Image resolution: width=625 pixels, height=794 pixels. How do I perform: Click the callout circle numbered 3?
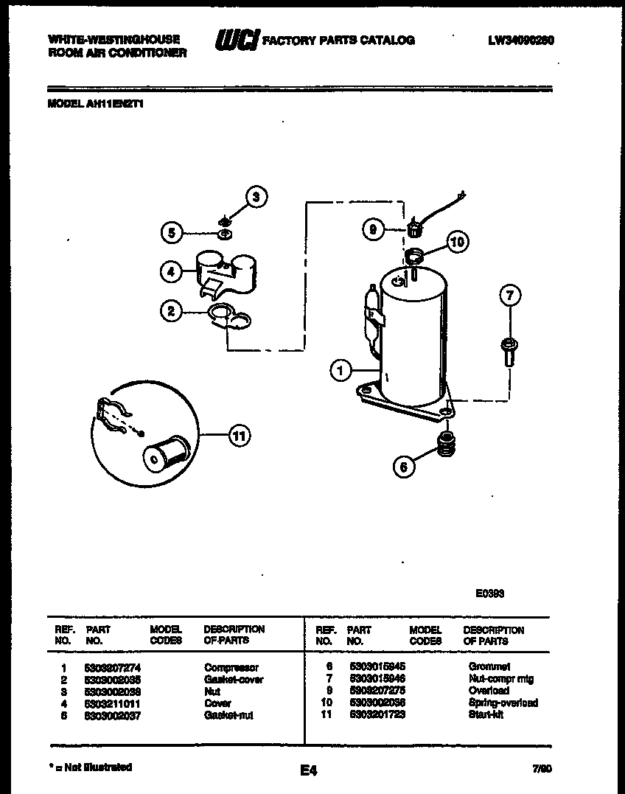coord(256,196)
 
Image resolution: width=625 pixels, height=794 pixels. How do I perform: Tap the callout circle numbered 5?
coord(171,233)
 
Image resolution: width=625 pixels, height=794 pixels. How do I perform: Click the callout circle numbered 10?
coord(457,241)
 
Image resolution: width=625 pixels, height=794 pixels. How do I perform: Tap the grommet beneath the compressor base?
coord(444,443)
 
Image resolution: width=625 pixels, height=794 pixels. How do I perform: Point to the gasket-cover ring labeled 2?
coord(229,316)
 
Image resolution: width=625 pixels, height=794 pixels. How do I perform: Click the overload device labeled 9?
coord(414,228)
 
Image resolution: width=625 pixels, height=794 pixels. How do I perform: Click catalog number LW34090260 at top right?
coord(520,41)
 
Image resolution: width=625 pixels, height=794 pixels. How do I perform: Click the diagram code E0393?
coord(489,592)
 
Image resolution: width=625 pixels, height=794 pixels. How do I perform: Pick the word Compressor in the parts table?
coord(231,667)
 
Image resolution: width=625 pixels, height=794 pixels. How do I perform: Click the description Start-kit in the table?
coord(486,715)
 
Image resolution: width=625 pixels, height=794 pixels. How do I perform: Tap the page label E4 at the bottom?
coord(308,771)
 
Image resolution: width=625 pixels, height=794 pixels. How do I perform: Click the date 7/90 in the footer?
coord(542,768)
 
